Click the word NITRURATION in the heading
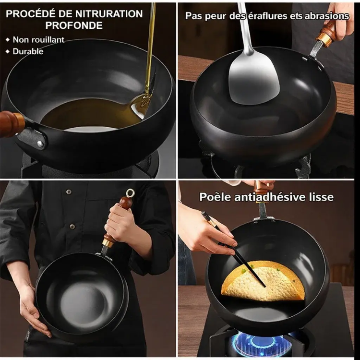pyautogui.click(x=109, y=14)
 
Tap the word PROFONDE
pyautogui.click(x=74, y=25)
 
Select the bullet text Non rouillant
pyautogui.click(x=38, y=40)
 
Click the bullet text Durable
pyautogui.click(x=28, y=51)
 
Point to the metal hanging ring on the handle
pyautogui.click(x=130, y=193)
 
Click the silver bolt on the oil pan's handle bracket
pyautogui.click(x=41, y=144)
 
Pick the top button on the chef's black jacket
pyautogui.click(x=69, y=192)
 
